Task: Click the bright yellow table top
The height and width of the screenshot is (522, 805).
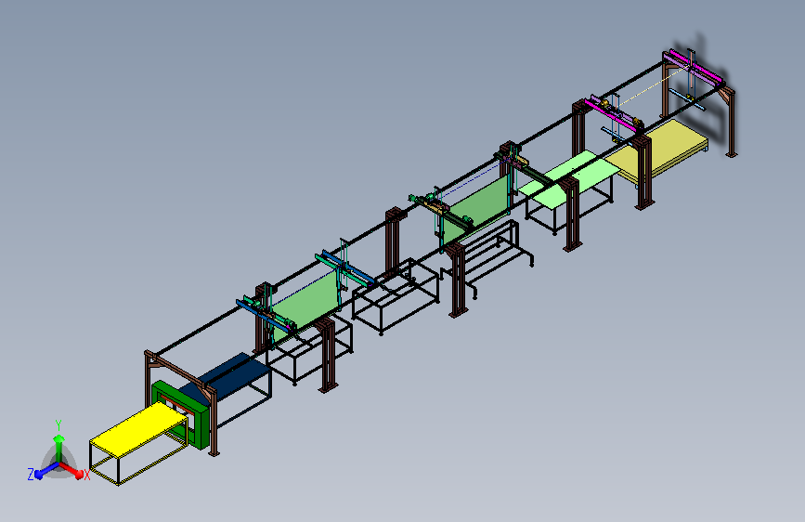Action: point(138,428)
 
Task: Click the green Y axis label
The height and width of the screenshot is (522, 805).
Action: point(58,425)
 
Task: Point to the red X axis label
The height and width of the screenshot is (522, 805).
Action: point(86,476)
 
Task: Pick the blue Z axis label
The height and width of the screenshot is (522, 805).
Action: point(31,475)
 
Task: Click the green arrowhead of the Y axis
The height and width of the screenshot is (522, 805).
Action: point(59,438)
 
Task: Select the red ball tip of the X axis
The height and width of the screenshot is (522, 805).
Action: point(79,475)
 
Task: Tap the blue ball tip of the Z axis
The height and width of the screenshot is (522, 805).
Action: point(39,476)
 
